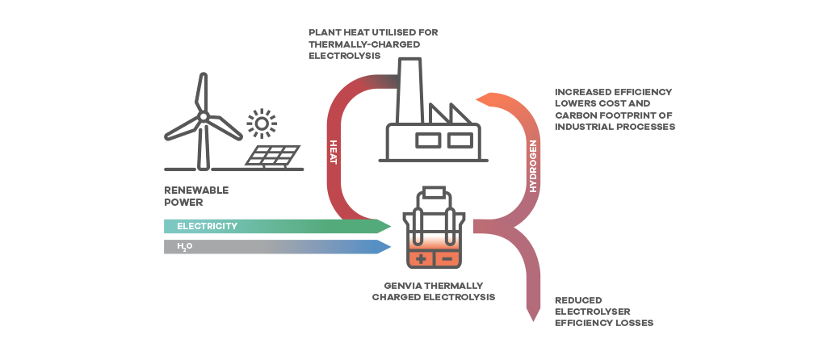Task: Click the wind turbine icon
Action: pyautogui.click(x=203, y=121)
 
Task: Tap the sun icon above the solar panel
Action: pyautogui.click(x=262, y=124)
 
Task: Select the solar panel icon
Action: pyautogui.click(x=273, y=155)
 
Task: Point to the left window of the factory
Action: pyautogui.click(x=428, y=140)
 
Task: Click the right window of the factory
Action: pyautogui.click(x=459, y=140)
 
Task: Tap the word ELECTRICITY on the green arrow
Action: pyautogui.click(x=207, y=226)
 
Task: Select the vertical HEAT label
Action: pyautogui.click(x=333, y=153)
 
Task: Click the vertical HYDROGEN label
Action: pyautogui.click(x=532, y=165)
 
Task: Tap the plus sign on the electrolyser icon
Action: pyautogui.click(x=421, y=259)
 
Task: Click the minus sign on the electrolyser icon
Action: pyautogui.click(x=446, y=259)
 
